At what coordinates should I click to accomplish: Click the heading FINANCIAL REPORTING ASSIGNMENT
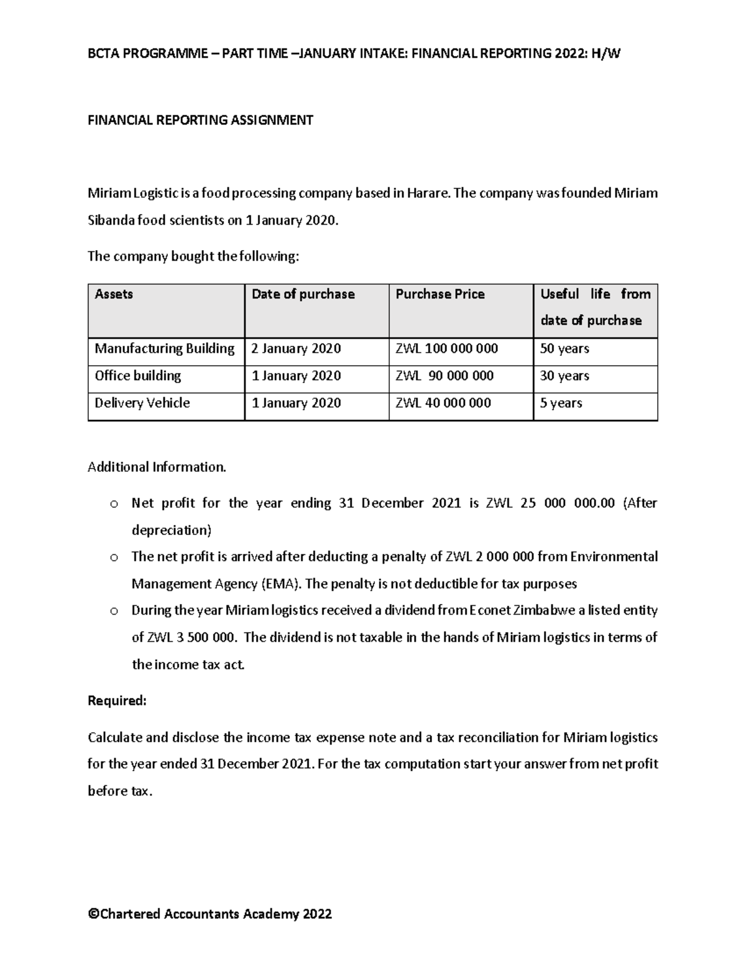[200, 120]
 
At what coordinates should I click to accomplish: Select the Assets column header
[114, 294]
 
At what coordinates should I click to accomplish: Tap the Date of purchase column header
[303, 294]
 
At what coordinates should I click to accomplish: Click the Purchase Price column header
[440, 294]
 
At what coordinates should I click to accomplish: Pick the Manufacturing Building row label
[164, 348]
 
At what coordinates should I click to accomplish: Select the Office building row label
[137, 376]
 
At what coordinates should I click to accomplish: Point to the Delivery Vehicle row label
[142, 403]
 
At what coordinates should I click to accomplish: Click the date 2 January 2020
[296, 348]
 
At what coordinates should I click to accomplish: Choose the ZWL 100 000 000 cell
[446, 348]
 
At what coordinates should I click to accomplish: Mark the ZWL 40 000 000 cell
[443, 403]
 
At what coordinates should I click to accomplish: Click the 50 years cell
[564, 348]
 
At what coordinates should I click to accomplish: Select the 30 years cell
[564, 376]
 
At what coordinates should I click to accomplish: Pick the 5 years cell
[561, 403]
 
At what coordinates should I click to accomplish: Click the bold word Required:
[117, 701]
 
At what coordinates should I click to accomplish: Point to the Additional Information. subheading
[157, 467]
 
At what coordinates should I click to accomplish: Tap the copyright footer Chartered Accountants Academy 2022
[210, 914]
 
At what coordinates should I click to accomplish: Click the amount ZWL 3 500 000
[191, 638]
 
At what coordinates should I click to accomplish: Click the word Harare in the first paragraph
[428, 193]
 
